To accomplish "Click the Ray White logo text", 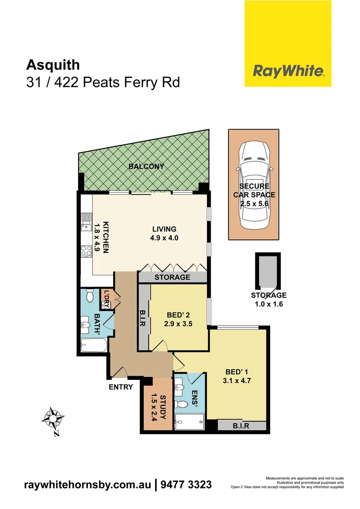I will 288,71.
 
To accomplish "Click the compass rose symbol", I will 53,418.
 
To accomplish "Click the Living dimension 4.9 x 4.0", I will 164,238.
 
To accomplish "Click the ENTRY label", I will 120,387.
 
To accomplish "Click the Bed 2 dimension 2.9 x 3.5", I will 180,324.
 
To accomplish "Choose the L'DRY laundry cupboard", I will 106,300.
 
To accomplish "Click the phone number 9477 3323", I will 186,484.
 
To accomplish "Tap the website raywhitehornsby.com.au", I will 88,484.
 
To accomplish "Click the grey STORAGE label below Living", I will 172,277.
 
